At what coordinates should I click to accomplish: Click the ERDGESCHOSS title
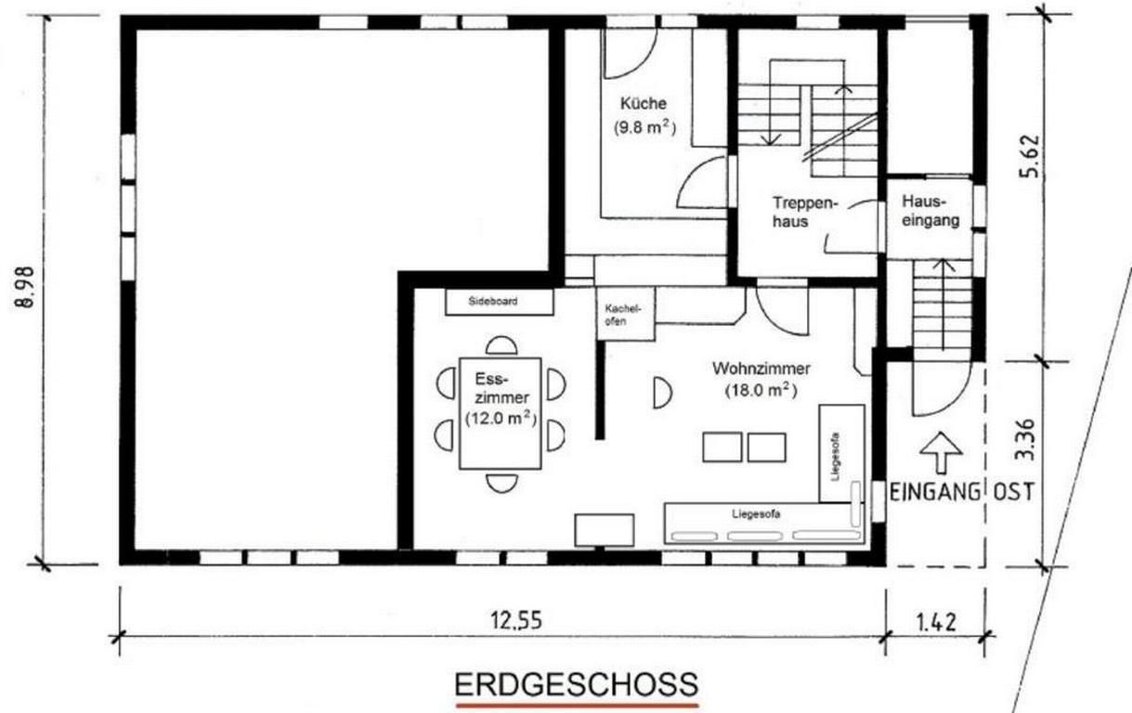point(577,684)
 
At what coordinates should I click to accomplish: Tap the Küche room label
point(644,104)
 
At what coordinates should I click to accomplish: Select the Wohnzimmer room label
point(761,369)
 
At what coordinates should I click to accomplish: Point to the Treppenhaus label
point(805,213)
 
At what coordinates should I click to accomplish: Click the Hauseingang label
point(930,212)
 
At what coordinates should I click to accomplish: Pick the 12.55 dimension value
point(516,620)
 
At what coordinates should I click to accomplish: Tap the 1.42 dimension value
point(936,622)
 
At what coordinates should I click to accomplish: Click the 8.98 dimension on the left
point(25,287)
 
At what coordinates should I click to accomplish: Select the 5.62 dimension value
point(1029,156)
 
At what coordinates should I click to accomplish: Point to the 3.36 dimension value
point(1025,441)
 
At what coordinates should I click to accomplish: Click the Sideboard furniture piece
point(500,302)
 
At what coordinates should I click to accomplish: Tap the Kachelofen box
point(626,314)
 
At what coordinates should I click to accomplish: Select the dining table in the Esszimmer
point(501,413)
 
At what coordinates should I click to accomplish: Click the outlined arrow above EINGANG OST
point(941,452)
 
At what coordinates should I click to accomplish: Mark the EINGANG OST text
point(962,492)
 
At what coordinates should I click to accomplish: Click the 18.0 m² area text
point(761,391)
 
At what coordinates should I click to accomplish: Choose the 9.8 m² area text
point(644,127)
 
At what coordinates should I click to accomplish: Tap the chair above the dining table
point(501,345)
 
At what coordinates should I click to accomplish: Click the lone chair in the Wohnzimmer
point(662,393)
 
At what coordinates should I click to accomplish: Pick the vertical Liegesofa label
point(836,457)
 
